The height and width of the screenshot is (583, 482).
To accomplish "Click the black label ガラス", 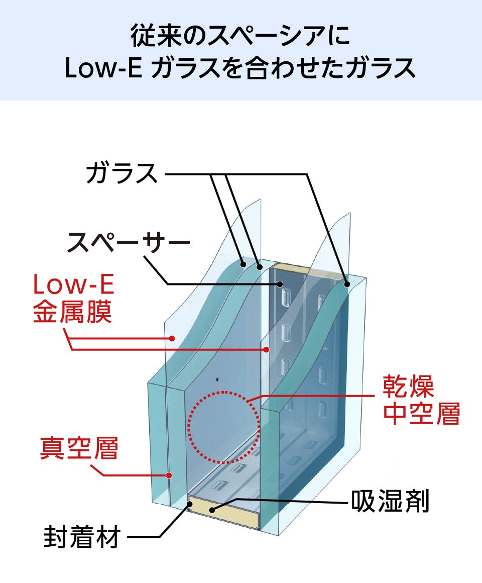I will (122, 174).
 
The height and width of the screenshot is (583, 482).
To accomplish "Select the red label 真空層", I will (79, 449).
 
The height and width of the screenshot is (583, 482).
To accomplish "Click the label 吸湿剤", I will (390, 502).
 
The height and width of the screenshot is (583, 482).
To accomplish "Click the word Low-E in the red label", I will (74, 285).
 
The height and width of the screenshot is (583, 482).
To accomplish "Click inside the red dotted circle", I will (224, 427).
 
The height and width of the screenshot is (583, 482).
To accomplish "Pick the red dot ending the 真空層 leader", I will (170, 474).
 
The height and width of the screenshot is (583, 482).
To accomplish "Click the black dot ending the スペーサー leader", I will (279, 284).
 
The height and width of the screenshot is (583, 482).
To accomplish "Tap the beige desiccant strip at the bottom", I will (224, 511).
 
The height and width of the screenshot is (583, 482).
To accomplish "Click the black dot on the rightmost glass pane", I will (346, 284).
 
